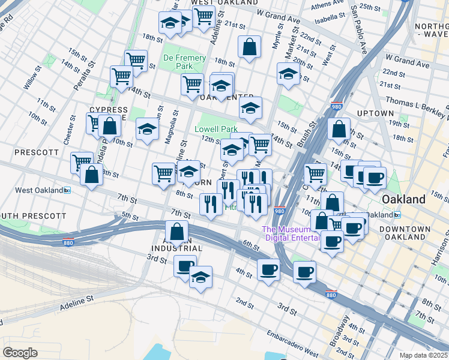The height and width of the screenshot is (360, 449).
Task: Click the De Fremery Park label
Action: click(184, 62)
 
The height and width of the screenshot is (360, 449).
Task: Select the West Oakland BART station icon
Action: click(67, 190)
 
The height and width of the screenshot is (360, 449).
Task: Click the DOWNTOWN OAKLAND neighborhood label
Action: click(409, 233)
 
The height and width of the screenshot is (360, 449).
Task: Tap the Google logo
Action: click(20, 352)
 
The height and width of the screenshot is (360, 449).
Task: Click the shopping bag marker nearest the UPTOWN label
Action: click(339, 129)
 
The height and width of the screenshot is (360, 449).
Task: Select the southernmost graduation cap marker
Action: click(200, 277)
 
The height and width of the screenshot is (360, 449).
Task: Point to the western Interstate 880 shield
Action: click(68, 243)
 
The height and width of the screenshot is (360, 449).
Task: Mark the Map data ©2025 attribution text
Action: click(424, 355)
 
